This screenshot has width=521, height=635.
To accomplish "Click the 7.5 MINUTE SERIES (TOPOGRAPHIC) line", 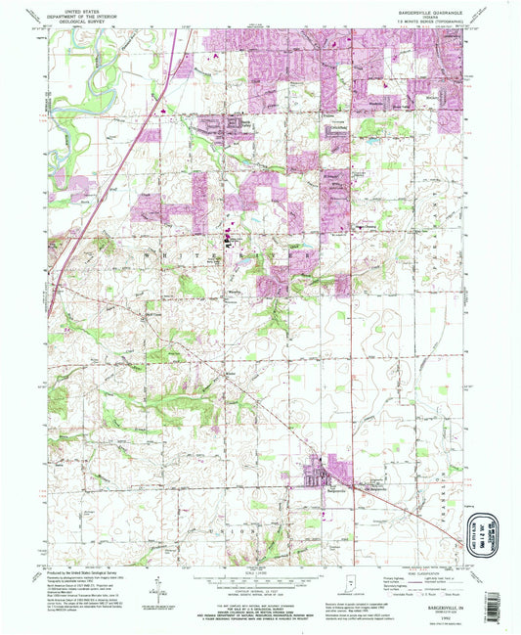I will [431, 23].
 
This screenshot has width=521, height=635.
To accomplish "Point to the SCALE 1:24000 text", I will [260, 571].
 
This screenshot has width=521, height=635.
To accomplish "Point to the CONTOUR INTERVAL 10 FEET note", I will [260, 589].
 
